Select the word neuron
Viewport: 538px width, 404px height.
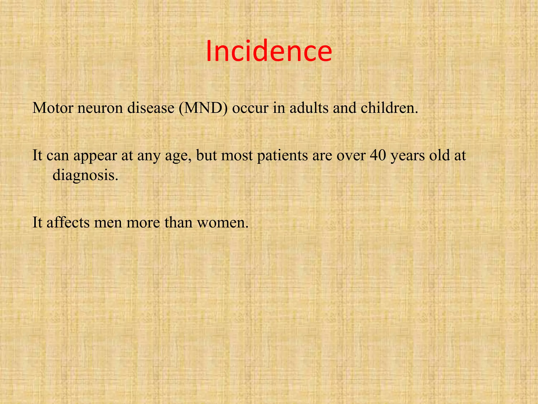tap(100, 108)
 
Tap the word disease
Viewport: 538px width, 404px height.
tap(151, 108)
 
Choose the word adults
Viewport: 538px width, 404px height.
tap(309, 108)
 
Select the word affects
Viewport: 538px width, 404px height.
tap(68, 223)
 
